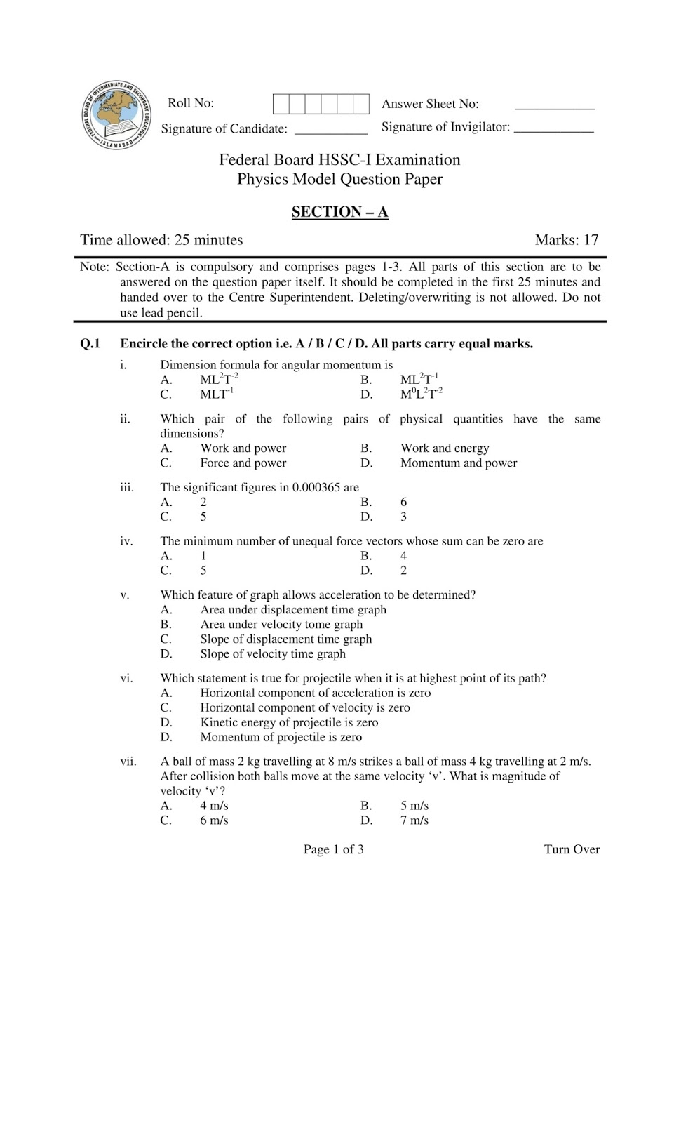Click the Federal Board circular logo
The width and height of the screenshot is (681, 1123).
click(x=116, y=115)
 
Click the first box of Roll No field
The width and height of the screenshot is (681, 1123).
click(x=281, y=104)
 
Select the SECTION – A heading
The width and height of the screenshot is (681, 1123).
click(x=339, y=212)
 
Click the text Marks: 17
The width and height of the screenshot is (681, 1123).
click(x=566, y=240)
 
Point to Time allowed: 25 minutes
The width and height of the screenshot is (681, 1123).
click(x=161, y=240)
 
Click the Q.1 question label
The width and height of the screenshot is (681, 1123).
click(x=90, y=344)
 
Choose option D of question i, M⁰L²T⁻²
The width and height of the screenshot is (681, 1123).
click(x=421, y=394)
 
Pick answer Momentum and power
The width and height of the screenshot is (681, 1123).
click(x=459, y=463)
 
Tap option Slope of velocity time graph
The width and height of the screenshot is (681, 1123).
click(x=273, y=654)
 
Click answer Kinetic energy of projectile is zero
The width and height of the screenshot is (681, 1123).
click(x=289, y=723)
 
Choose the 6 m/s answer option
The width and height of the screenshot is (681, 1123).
click(x=214, y=820)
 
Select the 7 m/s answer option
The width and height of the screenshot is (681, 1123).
click(x=414, y=820)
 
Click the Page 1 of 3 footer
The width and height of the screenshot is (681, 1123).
click(x=333, y=849)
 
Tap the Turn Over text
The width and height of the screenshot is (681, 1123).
click(x=572, y=849)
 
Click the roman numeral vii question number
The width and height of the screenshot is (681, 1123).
click(x=128, y=762)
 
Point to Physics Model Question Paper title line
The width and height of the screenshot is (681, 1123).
click(x=339, y=179)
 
